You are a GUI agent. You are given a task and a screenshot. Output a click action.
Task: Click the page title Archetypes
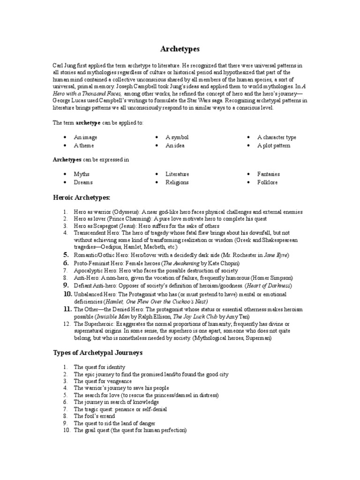(180, 49)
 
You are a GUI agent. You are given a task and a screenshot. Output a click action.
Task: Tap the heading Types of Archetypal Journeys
(97, 352)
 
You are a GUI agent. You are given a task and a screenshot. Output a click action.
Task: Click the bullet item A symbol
(177, 137)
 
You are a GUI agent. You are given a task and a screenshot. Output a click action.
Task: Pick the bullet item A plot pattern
(273, 145)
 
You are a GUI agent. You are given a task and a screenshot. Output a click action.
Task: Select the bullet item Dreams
(83, 182)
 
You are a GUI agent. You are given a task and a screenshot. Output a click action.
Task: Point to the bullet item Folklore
(267, 182)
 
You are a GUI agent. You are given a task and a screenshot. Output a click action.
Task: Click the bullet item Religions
(177, 182)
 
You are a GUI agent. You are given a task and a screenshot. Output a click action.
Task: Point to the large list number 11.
(67, 309)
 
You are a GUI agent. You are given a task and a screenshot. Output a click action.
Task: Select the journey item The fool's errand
(94, 416)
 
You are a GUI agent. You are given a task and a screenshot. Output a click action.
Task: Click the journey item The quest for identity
(99, 367)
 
